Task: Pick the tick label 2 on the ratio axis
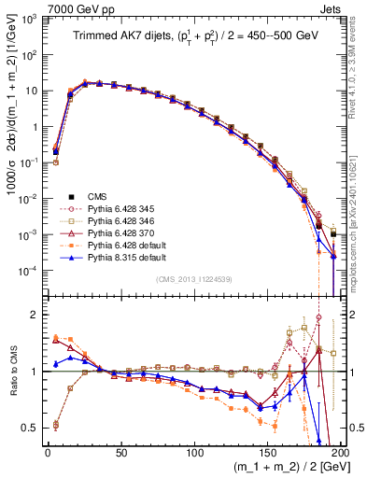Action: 36,315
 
